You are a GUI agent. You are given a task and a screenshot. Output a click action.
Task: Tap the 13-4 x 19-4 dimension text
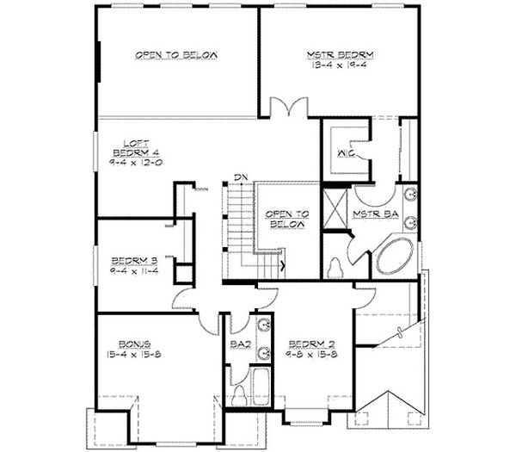[x=342, y=65]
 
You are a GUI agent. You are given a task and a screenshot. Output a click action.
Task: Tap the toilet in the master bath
[x=337, y=263]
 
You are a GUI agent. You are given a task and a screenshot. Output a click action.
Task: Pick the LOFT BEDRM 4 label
[x=130, y=148]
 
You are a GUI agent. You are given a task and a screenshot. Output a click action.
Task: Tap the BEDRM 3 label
[x=132, y=257]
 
